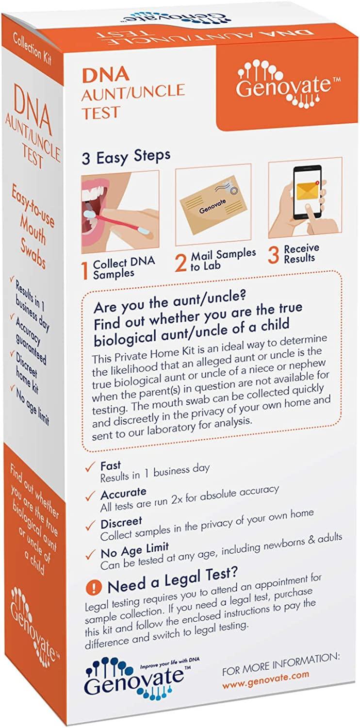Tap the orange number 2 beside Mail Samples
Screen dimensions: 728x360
click(x=180, y=263)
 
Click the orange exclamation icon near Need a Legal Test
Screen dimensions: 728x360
click(x=90, y=588)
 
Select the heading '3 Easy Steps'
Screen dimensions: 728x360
click(x=126, y=156)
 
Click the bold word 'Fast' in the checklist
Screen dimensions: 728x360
click(x=111, y=466)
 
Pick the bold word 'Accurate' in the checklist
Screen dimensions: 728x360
click(x=123, y=496)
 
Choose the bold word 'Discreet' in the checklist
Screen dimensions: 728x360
click(x=121, y=523)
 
